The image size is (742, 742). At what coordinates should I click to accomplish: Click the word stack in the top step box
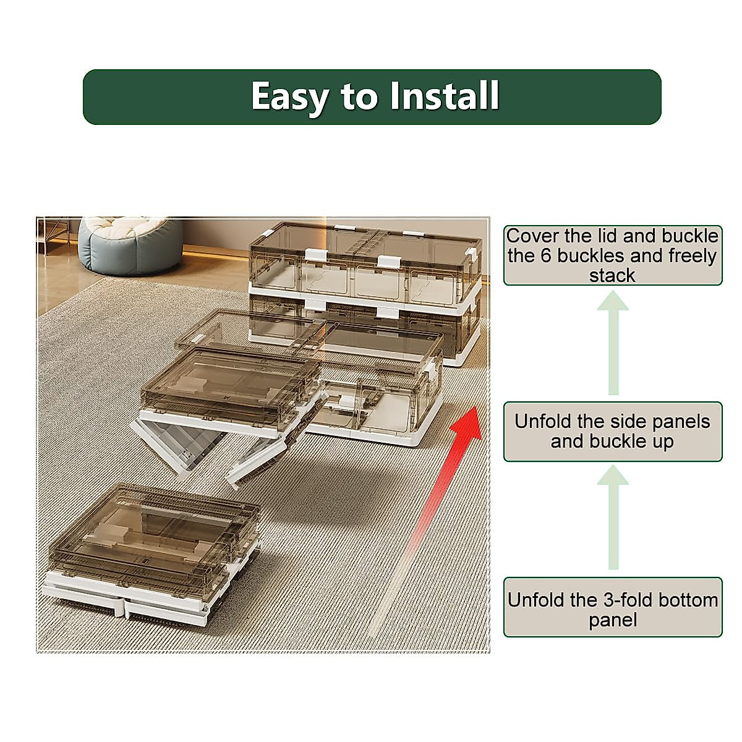click(612, 276)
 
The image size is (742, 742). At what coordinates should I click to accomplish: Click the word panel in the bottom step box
click(612, 620)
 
